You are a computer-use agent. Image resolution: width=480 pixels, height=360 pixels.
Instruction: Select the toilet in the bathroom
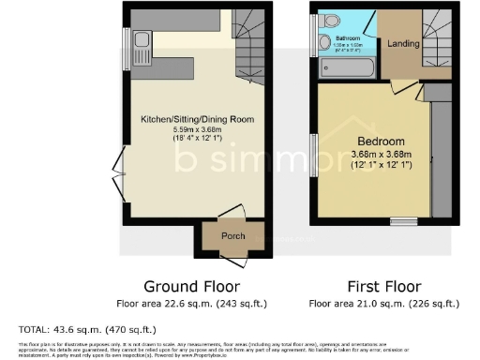pos(327,21)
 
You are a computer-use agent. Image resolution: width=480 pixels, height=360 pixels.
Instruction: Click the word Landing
pos(403,42)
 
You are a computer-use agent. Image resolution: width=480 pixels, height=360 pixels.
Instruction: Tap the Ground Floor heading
pos(191,286)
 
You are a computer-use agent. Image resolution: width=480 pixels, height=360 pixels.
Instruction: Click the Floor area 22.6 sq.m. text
pos(191,304)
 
